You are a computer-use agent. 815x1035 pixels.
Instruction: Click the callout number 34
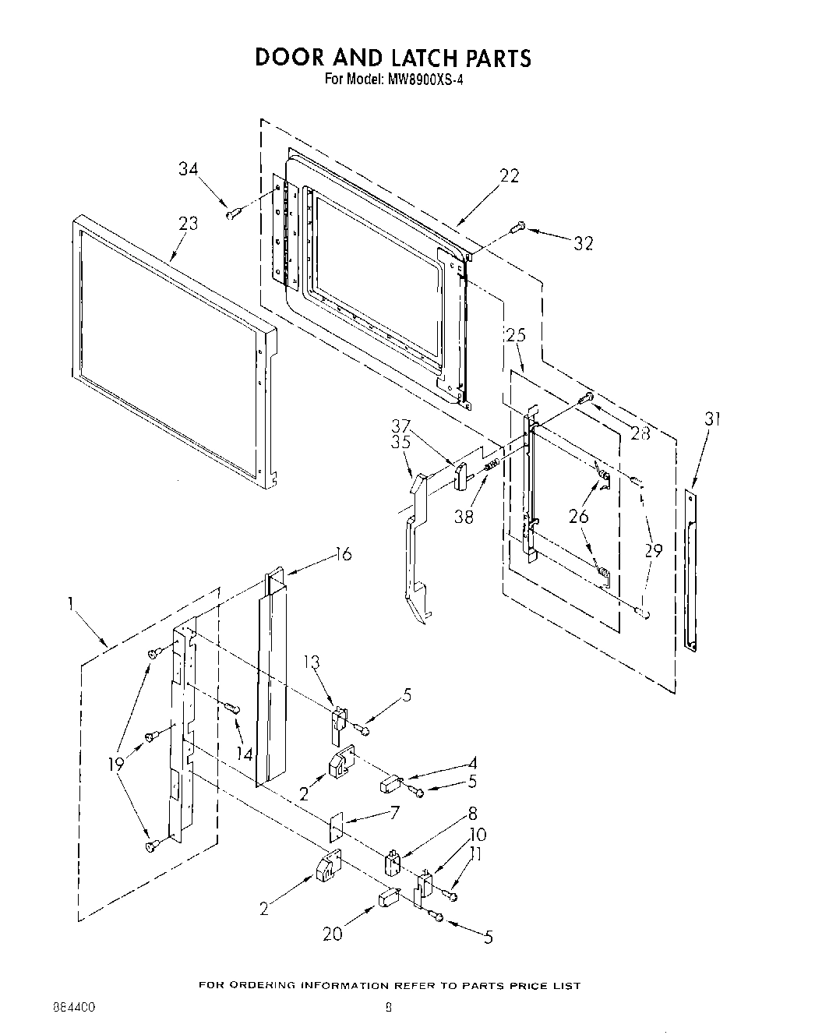point(188,168)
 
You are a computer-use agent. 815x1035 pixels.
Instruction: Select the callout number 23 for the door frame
point(188,224)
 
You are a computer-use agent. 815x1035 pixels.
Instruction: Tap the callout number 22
point(509,176)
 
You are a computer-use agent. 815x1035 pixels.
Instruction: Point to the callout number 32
point(583,243)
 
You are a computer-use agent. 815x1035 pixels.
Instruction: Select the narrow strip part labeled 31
point(690,569)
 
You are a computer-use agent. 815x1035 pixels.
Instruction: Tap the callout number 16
point(342,554)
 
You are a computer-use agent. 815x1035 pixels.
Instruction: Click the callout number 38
point(464,516)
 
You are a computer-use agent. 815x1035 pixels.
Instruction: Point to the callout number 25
point(516,335)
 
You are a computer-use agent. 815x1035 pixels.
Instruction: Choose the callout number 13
point(312,662)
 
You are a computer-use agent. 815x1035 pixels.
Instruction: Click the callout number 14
point(245,754)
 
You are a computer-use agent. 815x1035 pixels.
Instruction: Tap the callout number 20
point(333,934)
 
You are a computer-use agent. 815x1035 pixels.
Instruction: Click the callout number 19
point(116,765)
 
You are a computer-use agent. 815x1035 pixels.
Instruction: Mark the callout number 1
point(71,602)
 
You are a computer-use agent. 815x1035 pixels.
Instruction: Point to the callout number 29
point(653,550)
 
